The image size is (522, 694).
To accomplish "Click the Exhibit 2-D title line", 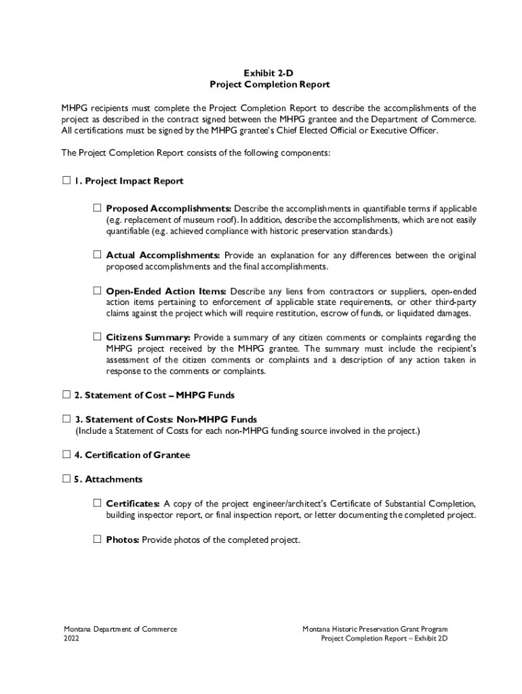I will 269,73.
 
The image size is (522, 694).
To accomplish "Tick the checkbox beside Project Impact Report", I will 66,181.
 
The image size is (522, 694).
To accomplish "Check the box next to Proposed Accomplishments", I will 97,207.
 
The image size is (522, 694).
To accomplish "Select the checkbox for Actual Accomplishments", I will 97,255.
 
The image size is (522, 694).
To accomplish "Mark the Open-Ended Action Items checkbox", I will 97,291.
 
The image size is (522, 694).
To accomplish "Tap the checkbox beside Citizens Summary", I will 97,336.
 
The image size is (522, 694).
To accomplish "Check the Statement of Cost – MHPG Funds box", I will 66,394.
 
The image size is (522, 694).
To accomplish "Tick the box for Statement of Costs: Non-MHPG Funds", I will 66,420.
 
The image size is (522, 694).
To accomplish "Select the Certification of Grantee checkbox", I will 66,455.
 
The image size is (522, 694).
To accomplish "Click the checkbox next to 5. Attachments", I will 66,479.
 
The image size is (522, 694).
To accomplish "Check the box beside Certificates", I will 97,504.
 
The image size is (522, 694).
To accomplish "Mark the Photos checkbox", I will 97,540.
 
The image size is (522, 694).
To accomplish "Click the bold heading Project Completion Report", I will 269,85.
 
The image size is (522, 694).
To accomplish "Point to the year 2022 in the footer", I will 71,638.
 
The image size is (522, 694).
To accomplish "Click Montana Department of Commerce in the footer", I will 120,629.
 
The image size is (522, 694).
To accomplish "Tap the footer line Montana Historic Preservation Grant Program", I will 375,629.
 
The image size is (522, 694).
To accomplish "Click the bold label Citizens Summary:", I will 148,337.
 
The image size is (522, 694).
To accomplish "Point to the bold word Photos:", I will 123,540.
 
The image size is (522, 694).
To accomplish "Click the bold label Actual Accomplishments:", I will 163,256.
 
